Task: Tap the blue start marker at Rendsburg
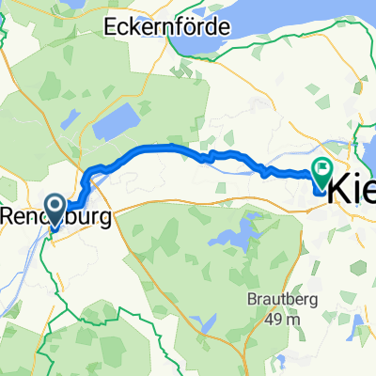click(x=53, y=209)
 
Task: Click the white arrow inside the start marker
click(x=53, y=207)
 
